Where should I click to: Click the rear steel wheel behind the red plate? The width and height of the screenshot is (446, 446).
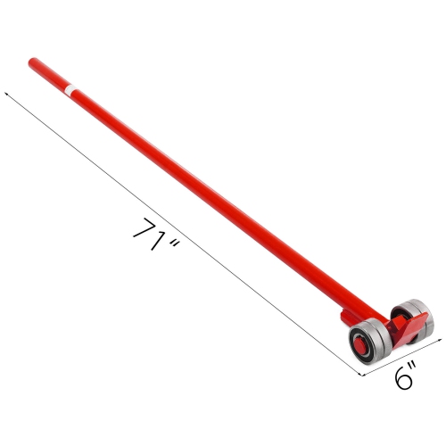pyautogui.click(x=416, y=316)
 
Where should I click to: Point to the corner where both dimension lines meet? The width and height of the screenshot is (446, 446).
pyautogui.click(x=365, y=375)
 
